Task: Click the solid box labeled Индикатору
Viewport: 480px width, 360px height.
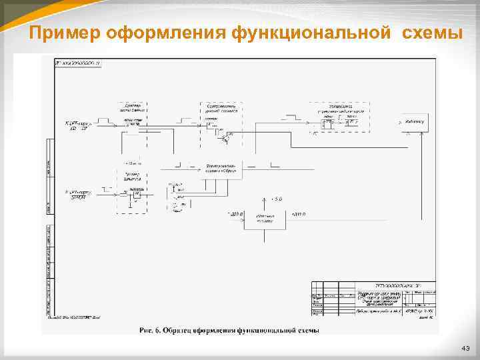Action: click(x=414, y=123)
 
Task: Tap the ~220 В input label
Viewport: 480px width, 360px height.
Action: click(x=235, y=214)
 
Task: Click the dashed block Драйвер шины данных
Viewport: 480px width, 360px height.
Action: click(x=133, y=119)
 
